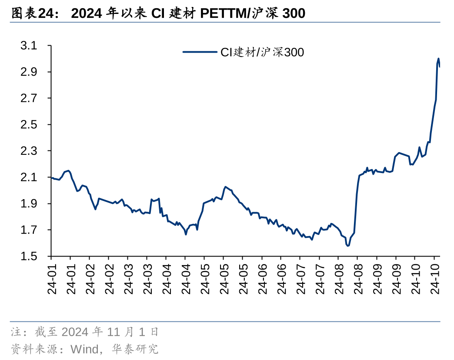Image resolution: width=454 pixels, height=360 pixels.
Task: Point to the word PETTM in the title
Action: [x=223, y=13]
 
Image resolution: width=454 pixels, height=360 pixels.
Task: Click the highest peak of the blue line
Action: [x=438, y=58]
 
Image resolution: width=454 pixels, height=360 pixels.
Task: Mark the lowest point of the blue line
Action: [x=348, y=246]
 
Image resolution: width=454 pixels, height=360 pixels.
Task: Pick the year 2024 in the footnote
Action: [x=76, y=333]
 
